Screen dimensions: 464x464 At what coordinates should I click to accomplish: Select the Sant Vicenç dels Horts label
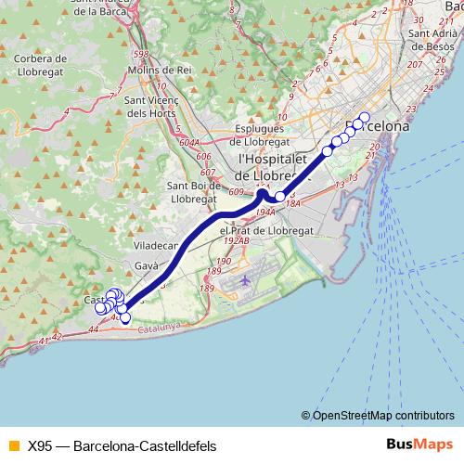pyautogui.click(x=148, y=107)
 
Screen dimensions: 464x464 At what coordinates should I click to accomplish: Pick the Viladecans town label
pyautogui.click(x=155, y=246)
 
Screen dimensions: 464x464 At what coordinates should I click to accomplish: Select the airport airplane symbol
pyautogui.click(x=244, y=279)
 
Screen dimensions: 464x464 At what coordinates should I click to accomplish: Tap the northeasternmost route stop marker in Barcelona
pyautogui.click(x=364, y=118)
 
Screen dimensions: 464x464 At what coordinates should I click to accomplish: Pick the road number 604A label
pyautogui.click(x=189, y=142)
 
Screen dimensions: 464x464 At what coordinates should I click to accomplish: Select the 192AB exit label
pyautogui.click(x=238, y=241)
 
